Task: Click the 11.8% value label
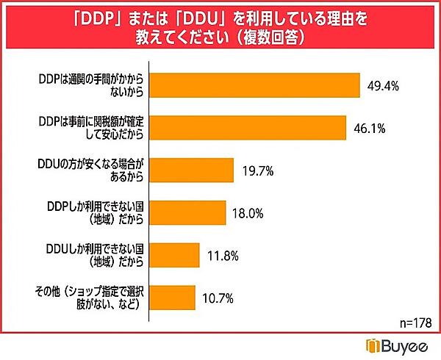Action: click(223, 255)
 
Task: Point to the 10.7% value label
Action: click(218, 298)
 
